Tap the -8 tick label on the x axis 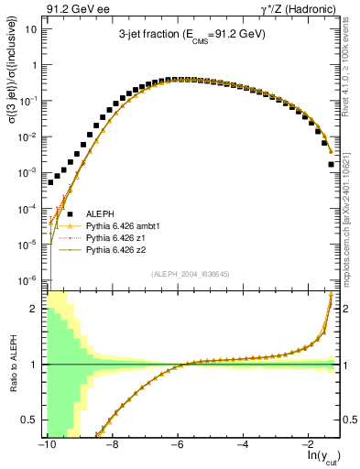[111, 443]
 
